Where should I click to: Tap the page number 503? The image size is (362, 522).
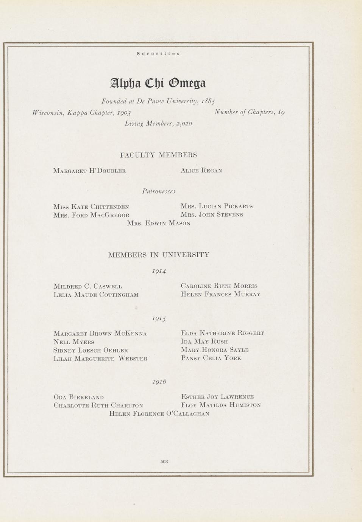pyautogui.click(x=164, y=461)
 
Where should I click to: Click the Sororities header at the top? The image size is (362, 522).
pyautogui.click(x=158, y=54)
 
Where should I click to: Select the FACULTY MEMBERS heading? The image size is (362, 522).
pyautogui.click(x=158, y=155)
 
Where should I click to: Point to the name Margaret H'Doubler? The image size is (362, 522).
pyautogui.click(x=90, y=171)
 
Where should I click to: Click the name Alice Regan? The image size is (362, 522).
pyautogui.click(x=201, y=171)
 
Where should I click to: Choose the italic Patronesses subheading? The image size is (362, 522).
pyautogui.click(x=159, y=191)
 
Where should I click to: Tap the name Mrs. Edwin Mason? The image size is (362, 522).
pyautogui.click(x=159, y=223)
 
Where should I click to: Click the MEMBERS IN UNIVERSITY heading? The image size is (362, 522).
pyautogui.click(x=159, y=255)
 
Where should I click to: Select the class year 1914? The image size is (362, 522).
pyautogui.click(x=159, y=271)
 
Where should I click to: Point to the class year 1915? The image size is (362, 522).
pyautogui.click(x=159, y=319)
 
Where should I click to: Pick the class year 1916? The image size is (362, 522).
pyautogui.click(x=159, y=382)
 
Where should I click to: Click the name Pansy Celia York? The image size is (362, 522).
pyautogui.click(x=211, y=358)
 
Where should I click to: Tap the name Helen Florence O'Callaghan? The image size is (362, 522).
pyautogui.click(x=159, y=413)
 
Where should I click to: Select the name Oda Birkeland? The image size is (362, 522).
pyautogui.click(x=79, y=397)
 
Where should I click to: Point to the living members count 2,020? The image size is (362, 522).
pyautogui.click(x=183, y=123)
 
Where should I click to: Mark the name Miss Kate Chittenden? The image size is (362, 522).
pyautogui.click(x=91, y=207)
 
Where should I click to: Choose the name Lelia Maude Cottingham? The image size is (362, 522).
pyautogui.click(x=96, y=294)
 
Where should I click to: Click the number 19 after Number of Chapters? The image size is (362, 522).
pyautogui.click(x=281, y=112)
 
